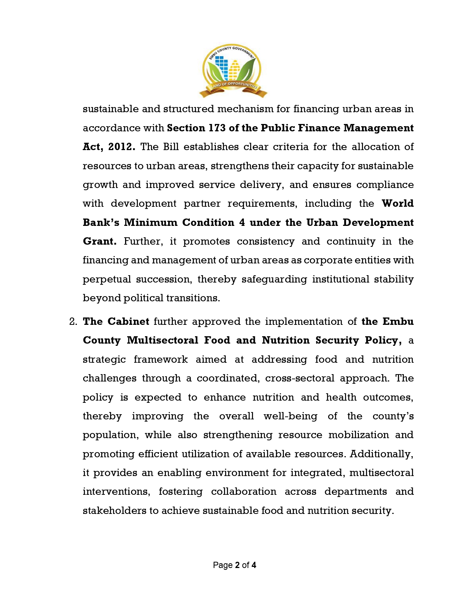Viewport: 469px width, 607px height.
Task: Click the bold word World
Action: click(x=398, y=203)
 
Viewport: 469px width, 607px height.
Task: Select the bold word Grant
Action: click(x=99, y=241)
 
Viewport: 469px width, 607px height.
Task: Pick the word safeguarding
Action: click(x=274, y=279)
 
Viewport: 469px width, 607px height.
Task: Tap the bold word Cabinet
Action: click(x=128, y=322)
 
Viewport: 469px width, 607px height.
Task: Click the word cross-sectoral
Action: click(x=300, y=378)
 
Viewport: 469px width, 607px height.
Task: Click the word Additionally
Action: click(x=381, y=454)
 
